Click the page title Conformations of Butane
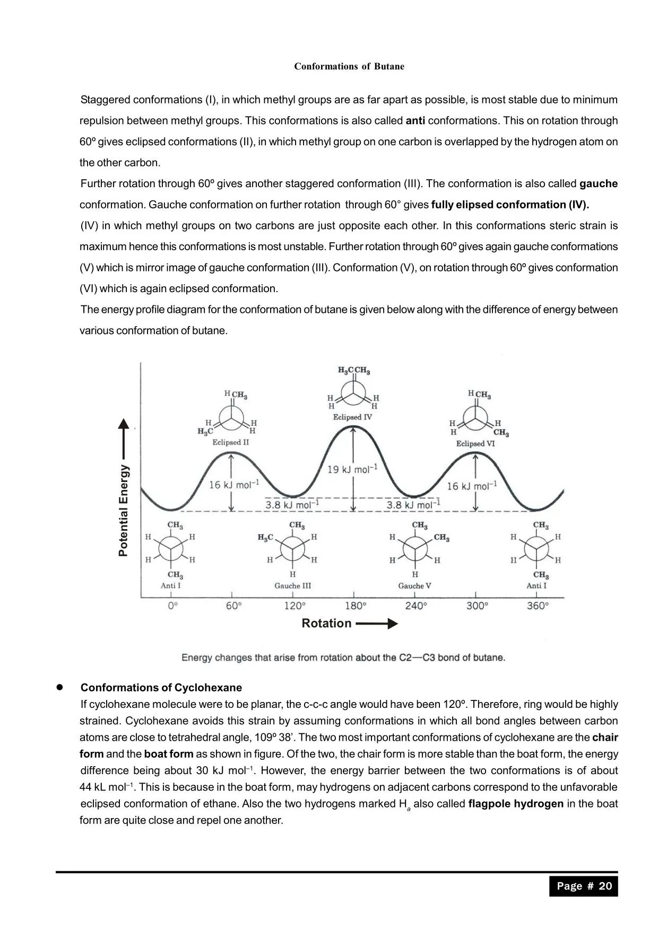click(349, 66)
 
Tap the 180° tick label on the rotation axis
click(356, 606)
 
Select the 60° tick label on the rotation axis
click(233, 606)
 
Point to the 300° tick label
click(477, 606)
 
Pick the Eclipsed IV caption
click(352, 417)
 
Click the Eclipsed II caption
click(230, 442)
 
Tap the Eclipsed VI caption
click(475, 443)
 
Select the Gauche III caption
click(292, 586)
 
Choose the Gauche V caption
click(414, 586)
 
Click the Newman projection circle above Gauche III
click(292, 548)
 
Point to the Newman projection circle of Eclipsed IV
click(352, 395)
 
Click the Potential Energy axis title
click(123, 510)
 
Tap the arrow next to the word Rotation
click(376, 624)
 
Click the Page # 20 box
click(584, 886)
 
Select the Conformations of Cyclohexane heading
click(161, 688)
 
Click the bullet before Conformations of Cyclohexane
click(60, 687)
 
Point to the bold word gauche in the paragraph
click(599, 184)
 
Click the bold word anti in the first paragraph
click(415, 121)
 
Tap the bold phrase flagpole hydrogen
click(516, 804)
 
